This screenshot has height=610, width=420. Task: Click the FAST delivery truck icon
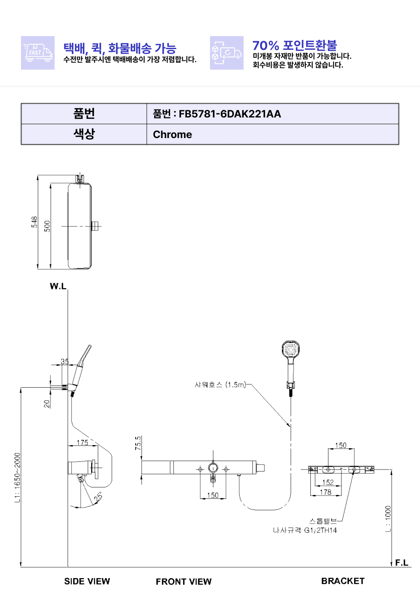point(38,53)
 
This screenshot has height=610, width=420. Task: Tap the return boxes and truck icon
point(226,53)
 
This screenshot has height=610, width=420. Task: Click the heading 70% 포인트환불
point(294,45)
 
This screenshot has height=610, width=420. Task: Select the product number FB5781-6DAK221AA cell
point(273,114)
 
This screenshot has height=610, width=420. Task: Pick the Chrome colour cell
point(273,134)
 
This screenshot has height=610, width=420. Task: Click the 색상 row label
point(84,134)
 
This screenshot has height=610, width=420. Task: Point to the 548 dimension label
point(34,222)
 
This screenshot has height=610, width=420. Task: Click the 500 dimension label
point(47,226)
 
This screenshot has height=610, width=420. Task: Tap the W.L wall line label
point(58,286)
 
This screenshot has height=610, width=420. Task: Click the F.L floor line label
point(402,563)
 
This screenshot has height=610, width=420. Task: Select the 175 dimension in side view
point(82,443)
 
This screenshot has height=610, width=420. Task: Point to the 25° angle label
point(98,496)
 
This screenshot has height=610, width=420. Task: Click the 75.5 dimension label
point(138,443)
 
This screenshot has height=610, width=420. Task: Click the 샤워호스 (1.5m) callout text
point(220,385)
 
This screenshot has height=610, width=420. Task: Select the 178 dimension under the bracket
point(325,492)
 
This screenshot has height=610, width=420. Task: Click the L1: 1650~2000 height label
point(18,478)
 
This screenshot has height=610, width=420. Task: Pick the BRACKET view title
point(343,581)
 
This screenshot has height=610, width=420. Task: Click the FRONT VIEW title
point(184,581)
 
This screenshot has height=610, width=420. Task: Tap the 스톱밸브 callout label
point(323,521)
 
